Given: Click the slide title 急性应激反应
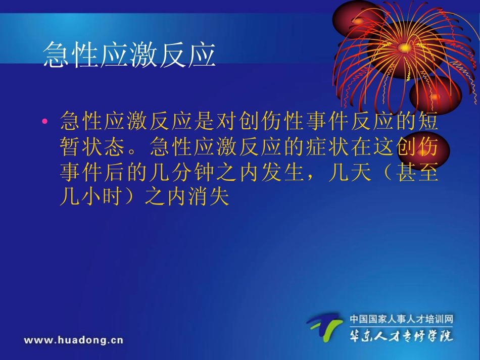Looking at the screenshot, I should coord(129,55).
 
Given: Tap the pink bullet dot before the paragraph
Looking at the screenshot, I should coord(45,122).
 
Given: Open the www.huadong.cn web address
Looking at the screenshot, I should coord(73,340).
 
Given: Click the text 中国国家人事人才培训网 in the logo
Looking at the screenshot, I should coord(402,319).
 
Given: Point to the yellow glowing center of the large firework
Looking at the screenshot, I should coord(404,47).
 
